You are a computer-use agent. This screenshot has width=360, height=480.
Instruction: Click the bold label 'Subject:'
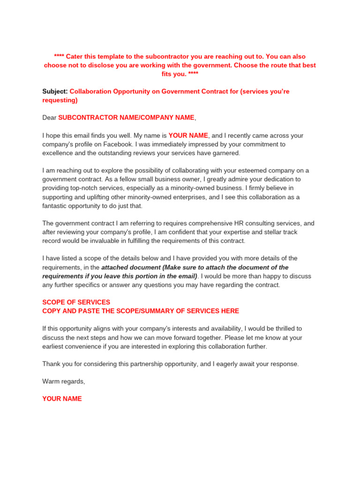(55, 91)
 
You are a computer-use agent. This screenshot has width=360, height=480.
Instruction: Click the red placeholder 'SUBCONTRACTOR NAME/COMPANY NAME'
(126, 117)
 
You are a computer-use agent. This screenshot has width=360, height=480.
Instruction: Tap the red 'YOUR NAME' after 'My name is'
(188, 135)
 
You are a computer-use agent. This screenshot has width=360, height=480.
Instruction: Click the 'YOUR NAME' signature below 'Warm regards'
(62, 398)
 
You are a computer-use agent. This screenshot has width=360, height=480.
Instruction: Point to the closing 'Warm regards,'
(64, 381)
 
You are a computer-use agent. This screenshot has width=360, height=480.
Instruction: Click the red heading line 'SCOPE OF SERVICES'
(76, 302)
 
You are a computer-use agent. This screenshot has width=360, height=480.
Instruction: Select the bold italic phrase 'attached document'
(131, 267)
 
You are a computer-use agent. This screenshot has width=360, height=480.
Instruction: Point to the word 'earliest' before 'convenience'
(54, 346)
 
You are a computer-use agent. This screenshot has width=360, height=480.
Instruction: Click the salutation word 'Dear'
(49, 117)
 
